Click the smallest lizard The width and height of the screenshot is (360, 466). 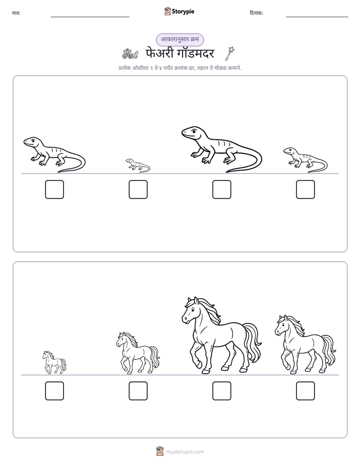pyautogui.click(x=138, y=165)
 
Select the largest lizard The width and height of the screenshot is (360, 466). pyautogui.click(x=221, y=149)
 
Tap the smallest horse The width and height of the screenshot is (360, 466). pyautogui.click(x=54, y=362)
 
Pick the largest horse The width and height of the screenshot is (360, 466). pyautogui.click(x=221, y=335)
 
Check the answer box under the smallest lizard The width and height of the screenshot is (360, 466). pyautogui.click(x=138, y=189)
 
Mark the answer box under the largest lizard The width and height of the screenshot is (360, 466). pyautogui.click(x=221, y=189)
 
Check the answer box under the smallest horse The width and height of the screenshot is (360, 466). pyautogui.click(x=54, y=391)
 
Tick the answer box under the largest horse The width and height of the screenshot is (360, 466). pyautogui.click(x=221, y=391)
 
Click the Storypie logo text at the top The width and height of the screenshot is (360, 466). pyautogui.click(x=183, y=12)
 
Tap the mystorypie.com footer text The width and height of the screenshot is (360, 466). pyautogui.click(x=185, y=452)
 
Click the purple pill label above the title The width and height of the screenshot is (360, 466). pyautogui.click(x=180, y=39)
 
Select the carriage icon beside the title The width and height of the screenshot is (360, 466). pyautogui.click(x=130, y=54)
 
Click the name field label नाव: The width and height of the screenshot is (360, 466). pyautogui.click(x=16, y=13)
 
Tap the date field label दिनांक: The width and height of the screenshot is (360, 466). pyautogui.click(x=257, y=13)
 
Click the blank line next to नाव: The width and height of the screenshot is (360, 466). pyautogui.click(x=90, y=17)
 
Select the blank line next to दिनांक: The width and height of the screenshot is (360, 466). pyautogui.click(x=317, y=17)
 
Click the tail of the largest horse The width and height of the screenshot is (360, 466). pyautogui.click(x=253, y=342)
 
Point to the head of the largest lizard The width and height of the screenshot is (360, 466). pyautogui.click(x=193, y=133)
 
